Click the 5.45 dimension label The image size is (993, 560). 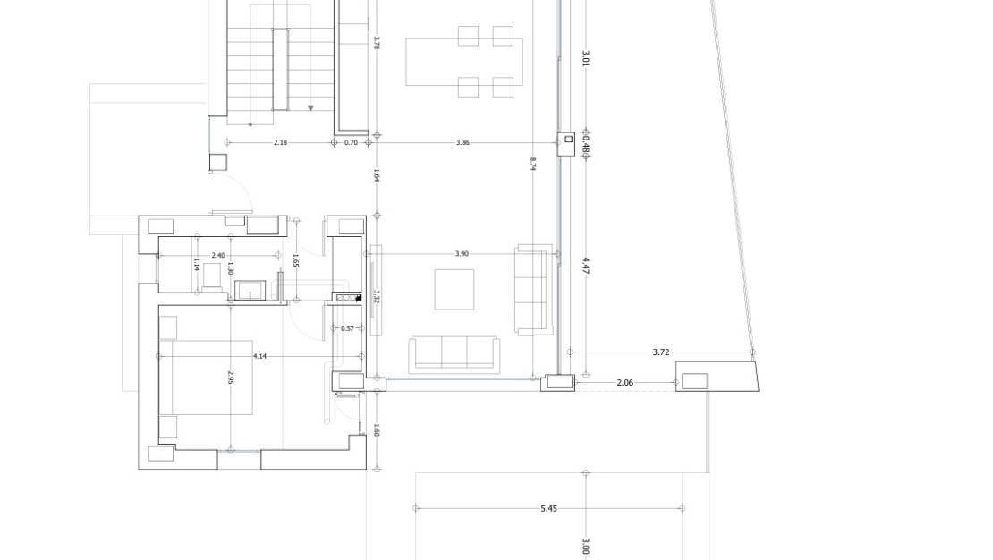[549, 508]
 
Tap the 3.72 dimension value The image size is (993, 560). [660, 352]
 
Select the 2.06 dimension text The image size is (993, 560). [625, 383]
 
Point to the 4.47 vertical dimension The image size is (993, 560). [586, 266]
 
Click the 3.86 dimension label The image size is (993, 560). [463, 142]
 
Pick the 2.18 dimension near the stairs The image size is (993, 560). [280, 142]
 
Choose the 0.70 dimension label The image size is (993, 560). [351, 142]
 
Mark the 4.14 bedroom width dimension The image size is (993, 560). [259, 357]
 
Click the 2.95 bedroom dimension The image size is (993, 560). [231, 378]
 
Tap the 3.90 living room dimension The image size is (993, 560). [463, 254]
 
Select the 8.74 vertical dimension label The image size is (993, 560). [532, 164]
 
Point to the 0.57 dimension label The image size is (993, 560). [347, 328]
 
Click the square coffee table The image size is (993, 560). [454, 290]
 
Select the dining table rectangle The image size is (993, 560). [464, 62]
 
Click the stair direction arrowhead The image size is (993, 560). [310, 108]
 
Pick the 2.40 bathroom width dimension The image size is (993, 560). [218, 255]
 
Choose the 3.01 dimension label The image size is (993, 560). [586, 59]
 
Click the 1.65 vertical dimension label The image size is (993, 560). [296, 260]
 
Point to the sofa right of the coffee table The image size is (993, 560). [534, 290]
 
